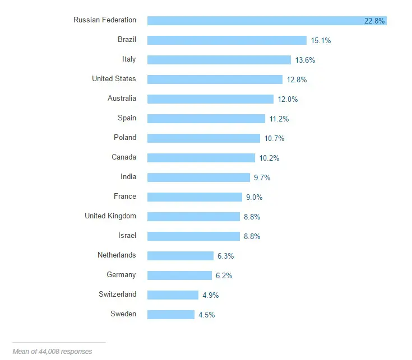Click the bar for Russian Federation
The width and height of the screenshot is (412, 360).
tap(252, 21)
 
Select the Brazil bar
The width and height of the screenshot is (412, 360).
tap(227, 40)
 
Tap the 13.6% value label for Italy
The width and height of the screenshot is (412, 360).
tap(305, 60)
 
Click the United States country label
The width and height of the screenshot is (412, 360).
tap(114, 79)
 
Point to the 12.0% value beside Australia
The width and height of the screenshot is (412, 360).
tap(288, 99)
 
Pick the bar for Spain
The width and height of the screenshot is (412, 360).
tap(206, 119)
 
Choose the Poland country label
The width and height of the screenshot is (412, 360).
tap(125, 138)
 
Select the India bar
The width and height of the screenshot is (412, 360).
tap(198, 177)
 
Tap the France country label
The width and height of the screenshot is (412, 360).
tap(125, 197)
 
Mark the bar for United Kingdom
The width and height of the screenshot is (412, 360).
tap(193, 217)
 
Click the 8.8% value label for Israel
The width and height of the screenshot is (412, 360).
tap(252, 236)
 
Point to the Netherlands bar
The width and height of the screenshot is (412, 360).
tap(180, 256)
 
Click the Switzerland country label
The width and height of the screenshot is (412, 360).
tap(117, 294)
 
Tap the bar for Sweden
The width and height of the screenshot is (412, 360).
tap(171, 315)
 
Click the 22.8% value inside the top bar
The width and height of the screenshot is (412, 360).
tap(374, 21)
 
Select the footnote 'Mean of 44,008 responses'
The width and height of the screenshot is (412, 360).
tap(52, 352)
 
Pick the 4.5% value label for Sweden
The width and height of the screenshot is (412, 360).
tap(206, 315)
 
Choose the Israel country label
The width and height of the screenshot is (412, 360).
tap(127, 236)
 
